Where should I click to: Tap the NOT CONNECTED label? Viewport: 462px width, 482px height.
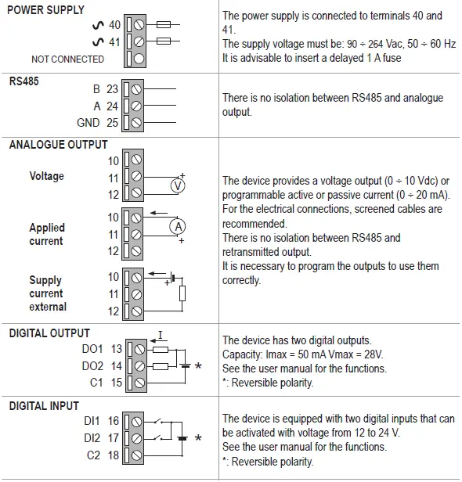click(67, 59)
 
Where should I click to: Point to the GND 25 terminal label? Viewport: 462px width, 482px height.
click(98, 123)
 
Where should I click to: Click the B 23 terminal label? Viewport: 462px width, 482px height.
click(105, 89)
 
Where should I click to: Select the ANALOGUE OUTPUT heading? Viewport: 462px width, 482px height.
click(58, 145)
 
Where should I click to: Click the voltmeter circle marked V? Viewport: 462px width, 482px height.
click(178, 186)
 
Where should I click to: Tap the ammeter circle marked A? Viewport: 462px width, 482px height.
click(178, 225)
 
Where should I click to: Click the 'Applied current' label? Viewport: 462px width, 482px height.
click(47, 234)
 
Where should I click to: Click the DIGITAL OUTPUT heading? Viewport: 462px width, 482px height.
click(49, 333)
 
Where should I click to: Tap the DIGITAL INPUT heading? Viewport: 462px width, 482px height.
click(44, 405)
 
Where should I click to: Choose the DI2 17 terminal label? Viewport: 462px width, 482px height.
click(102, 438)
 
